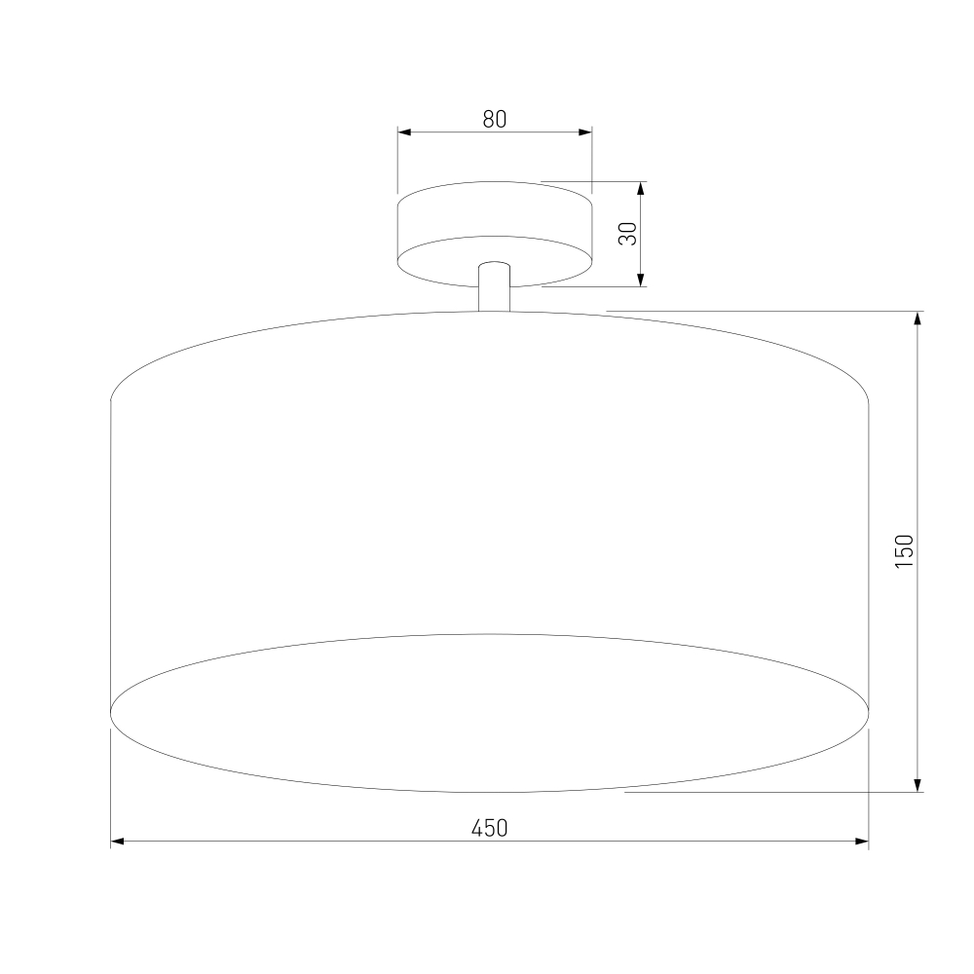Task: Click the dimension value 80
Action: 495,119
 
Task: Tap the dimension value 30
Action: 628,234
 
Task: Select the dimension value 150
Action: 905,551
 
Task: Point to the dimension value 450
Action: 490,828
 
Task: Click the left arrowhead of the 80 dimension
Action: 404,132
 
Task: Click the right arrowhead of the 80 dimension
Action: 584,132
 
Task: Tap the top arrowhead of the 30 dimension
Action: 641,189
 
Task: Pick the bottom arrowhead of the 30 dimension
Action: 641,280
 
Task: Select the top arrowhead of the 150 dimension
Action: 918,318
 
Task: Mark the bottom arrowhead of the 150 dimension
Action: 918,784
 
